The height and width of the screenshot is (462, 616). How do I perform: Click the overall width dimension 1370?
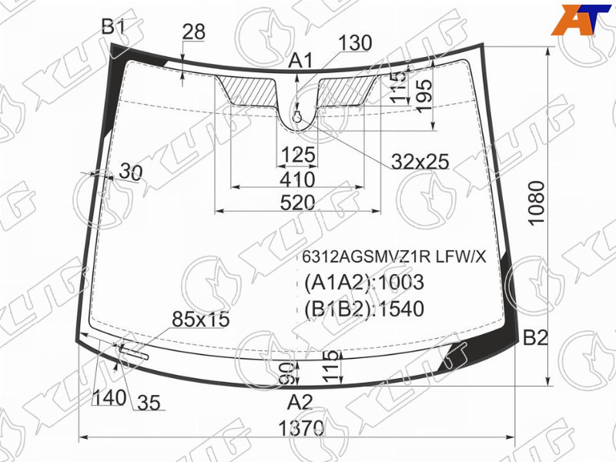[x=301, y=427]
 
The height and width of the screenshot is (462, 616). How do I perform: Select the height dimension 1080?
[x=537, y=203]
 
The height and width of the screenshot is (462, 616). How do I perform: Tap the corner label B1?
[x=113, y=27]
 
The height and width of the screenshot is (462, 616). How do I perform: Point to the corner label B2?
[x=535, y=337]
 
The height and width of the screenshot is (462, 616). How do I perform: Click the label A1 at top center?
[x=301, y=61]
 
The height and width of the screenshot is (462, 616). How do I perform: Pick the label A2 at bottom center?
[x=300, y=402]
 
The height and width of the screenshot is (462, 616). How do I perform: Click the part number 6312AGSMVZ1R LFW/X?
[x=393, y=257]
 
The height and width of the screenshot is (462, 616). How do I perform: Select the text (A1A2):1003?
[x=364, y=283]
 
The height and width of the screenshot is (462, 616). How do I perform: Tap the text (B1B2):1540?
[x=364, y=309]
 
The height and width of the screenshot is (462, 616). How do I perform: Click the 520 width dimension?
[x=298, y=203]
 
